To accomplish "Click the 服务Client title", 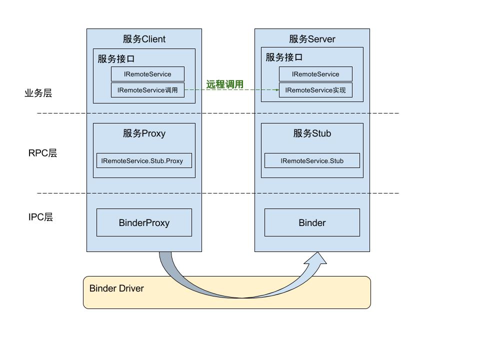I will [x=144, y=39].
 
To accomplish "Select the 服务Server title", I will [x=312, y=39].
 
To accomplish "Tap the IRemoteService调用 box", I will [x=147, y=90].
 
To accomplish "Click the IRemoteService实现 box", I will [x=315, y=90].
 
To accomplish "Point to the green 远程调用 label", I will [x=225, y=84].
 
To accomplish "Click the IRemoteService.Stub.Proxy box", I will [x=144, y=160].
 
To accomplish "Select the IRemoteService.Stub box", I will [x=312, y=160].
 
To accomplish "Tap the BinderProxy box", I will [x=144, y=222].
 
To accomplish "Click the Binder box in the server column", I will [x=312, y=222].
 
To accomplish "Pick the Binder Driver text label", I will [x=116, y=288].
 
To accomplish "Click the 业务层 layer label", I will [x=38, y=93].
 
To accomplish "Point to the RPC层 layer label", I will [x=42, y=153].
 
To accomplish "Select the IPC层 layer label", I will [x=40, y=217].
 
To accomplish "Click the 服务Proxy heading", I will [x=144, y=133].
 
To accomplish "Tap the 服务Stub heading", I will [x=312, y=133].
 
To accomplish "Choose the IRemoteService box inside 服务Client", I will [x=147, y=74].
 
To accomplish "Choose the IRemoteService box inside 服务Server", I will [x=315, y=74].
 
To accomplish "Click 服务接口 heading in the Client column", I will [x=116, y=58].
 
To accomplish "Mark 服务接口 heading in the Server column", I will [x=284, y=57].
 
